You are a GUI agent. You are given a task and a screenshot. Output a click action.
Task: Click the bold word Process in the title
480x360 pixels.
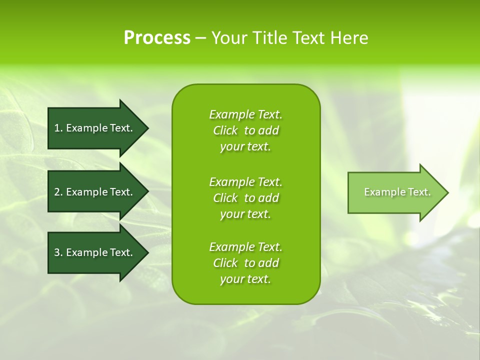157,38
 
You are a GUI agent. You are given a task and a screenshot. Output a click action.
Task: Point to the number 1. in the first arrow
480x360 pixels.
58,128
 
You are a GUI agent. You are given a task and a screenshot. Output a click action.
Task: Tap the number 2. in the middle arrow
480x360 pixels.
58,192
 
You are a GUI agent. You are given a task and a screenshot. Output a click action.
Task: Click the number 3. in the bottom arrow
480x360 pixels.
58,252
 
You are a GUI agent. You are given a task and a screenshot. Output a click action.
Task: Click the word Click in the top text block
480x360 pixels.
225,130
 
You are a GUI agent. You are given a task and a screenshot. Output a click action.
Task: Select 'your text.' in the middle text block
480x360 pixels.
245,214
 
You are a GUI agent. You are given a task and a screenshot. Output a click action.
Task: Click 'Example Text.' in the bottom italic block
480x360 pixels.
245,247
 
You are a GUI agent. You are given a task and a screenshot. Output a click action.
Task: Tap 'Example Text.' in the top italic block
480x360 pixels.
245,114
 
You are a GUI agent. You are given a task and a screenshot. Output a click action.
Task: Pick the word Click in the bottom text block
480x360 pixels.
225,263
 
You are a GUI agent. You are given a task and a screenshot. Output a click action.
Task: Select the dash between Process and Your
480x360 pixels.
200,38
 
